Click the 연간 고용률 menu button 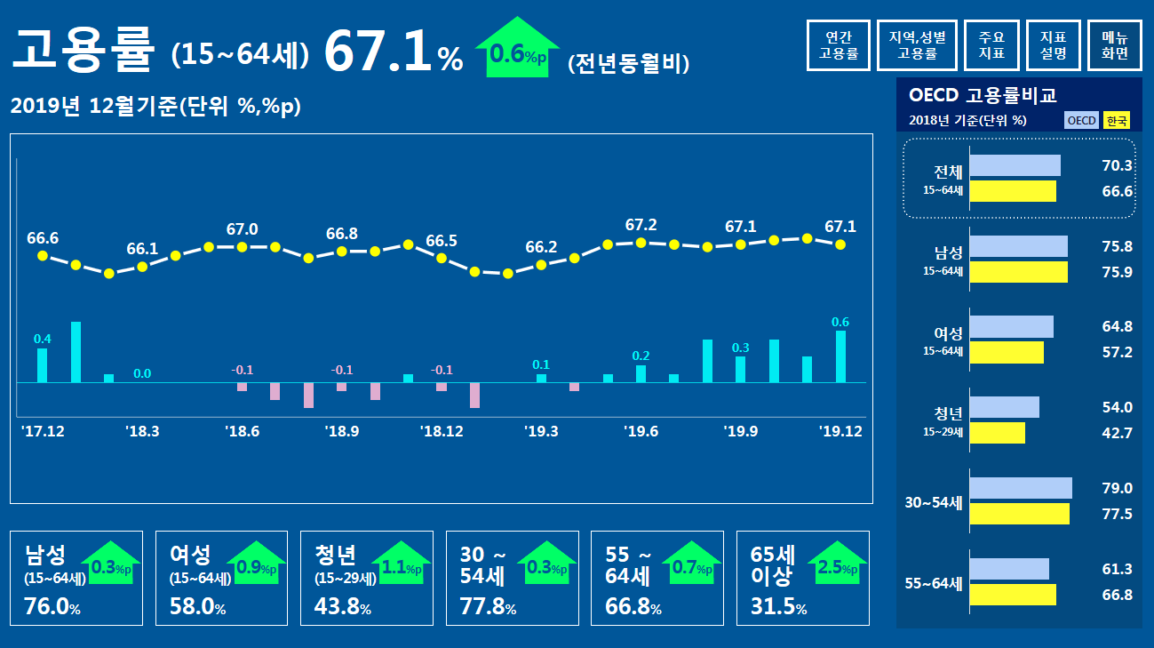[839, 45]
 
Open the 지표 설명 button [1053, 45]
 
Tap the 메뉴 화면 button [1115, 45]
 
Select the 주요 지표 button [991, 45]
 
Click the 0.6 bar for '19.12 [840, 356]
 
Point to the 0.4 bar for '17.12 [42, 365]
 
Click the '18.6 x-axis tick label [242, 432]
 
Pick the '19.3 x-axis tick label [541, 432]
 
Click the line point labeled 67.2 [641, 242]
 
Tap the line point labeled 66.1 [142, 266]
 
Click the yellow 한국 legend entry [1116, 121]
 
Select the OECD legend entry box [1081, 121]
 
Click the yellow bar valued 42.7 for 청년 [997, 433]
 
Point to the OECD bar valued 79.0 [1021, 488]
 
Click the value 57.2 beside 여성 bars [1117, 353]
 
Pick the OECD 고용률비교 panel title [983, 95]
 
